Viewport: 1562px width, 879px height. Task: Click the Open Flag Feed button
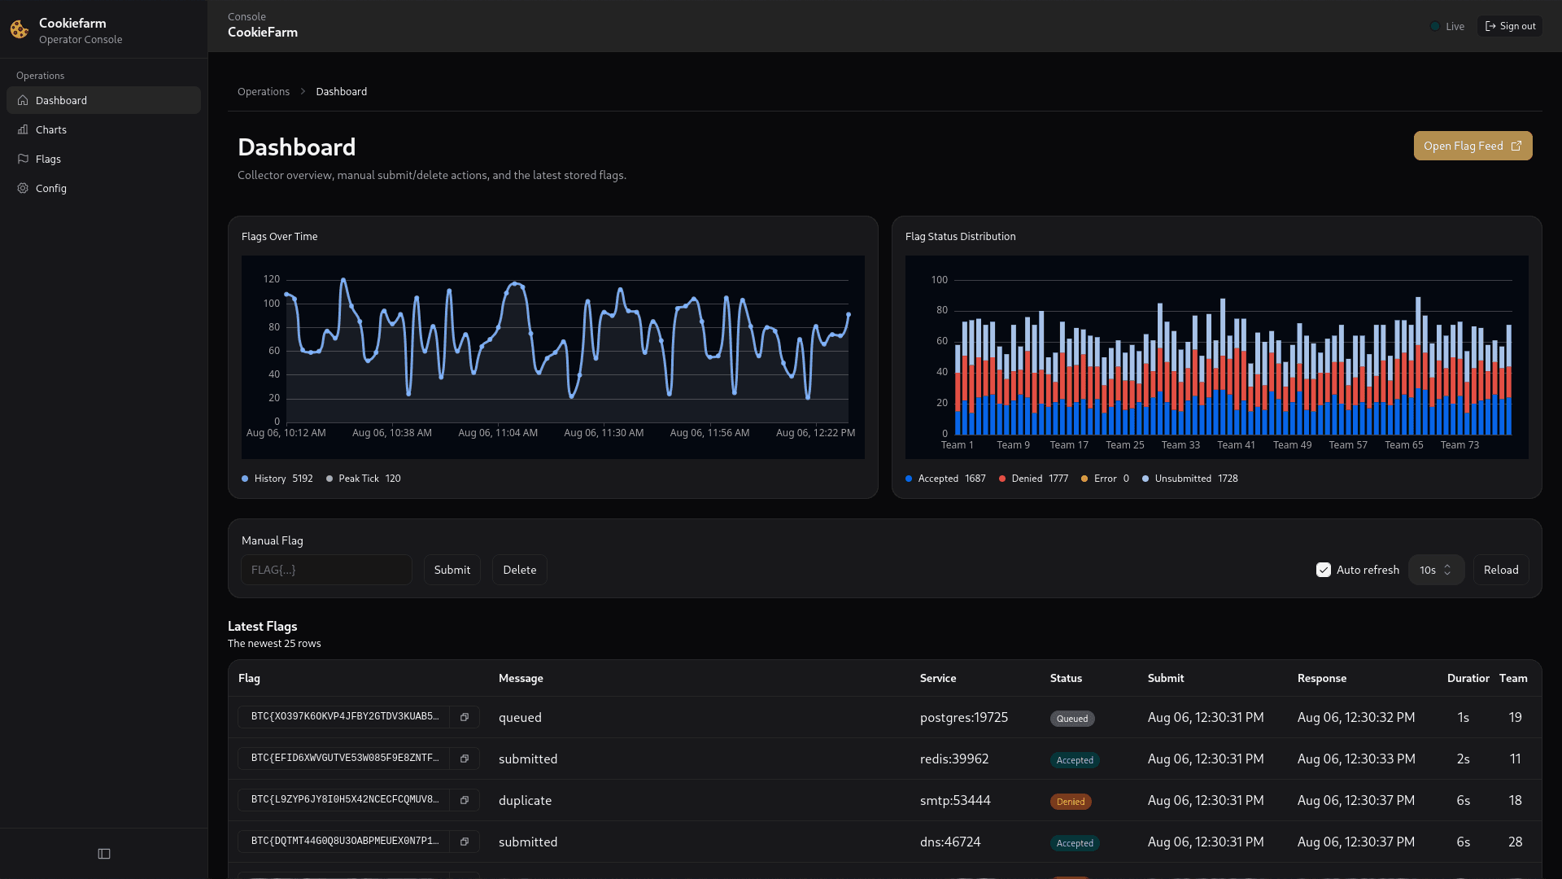click(1473, 146)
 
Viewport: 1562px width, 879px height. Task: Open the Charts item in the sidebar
click(50, 129)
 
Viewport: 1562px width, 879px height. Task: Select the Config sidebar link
click(50, 188)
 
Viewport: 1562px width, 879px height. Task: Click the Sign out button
click(1510, 26)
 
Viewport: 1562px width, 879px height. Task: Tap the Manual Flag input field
click(326, 570)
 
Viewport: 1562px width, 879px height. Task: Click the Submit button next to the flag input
click(452, 570)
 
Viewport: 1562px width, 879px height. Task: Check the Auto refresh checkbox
click(1324, 570)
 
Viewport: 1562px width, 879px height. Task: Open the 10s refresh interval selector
click(1435, 570)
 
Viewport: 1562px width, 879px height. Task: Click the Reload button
click(1500, 570)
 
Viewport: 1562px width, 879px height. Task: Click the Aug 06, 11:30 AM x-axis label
click(604, 433)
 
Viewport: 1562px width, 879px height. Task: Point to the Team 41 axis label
click(1236, 445)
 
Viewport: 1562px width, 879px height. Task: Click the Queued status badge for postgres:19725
click(1072, 719)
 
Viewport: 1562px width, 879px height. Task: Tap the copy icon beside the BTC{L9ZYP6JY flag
click(465, 800)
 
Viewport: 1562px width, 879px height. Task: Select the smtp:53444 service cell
click(955, 800)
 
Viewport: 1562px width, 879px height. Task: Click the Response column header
click(1321, 678)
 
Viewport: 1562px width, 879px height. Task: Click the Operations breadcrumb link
click(263, 91)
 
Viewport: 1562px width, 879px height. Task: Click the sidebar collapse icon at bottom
click(104, 854)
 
